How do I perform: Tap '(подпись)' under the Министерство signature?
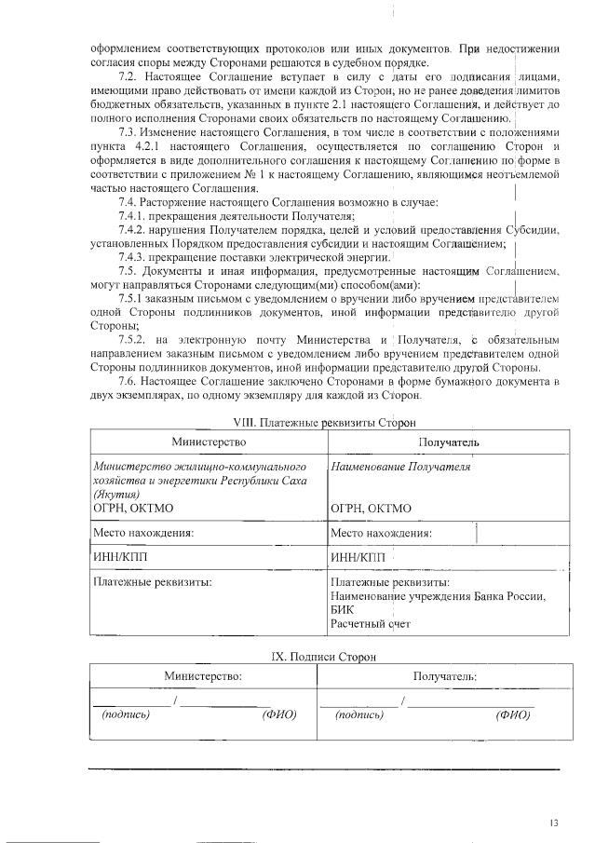[x=125, y=714]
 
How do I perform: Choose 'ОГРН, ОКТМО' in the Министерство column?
[x=133, y=509]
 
